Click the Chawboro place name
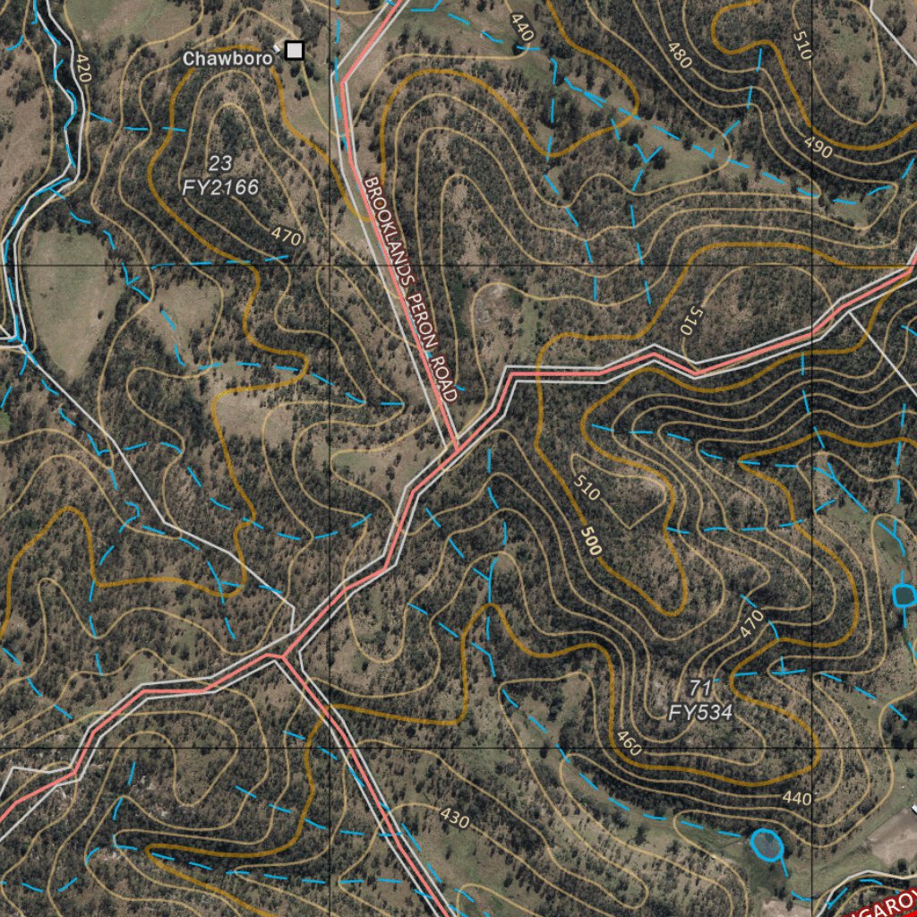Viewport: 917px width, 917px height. pyautogui.click(x=227, y=58)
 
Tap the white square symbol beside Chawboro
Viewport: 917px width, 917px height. pyautogui.click(x=294, y=51)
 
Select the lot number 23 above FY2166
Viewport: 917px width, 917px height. pyautogui.click(x=219, y=163)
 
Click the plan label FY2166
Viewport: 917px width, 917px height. pyautogui.click(x=220, y=187)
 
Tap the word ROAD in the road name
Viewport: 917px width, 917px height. pyautogui.click(x=444, y=376)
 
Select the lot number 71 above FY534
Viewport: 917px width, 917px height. pyautogui.click(x=700, y=688)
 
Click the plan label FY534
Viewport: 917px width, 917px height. pyautogui.click(x=700, y=713)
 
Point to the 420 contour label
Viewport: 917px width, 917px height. pyautogui.click(x=83, y=68)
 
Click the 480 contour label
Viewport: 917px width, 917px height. pyautogui.click(x=680, y=56)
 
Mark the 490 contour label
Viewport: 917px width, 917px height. pyautogui.click(x=818, y=150)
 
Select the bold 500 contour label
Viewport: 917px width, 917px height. pyautogui.click(x=590, y=540)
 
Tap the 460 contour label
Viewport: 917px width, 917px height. pyautogui.click(x=629, y=742)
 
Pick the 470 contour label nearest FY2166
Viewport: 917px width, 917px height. pyautogui.click(x=287, y=236)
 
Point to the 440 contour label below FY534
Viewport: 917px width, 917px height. pyautogui.click(x=796, y=798)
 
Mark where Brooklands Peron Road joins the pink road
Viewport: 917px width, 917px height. pyautogui.click(x=456, y=445)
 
